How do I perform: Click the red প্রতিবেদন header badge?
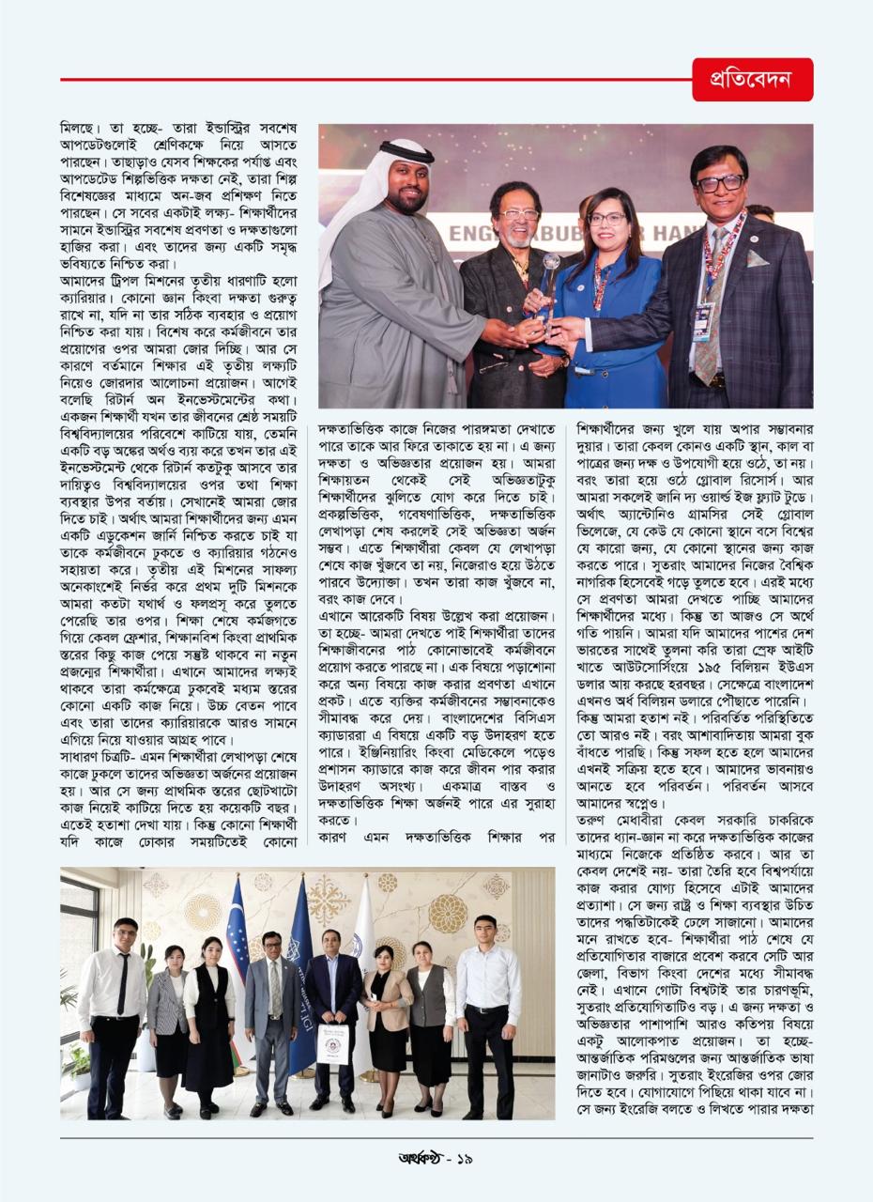tap(753, 80)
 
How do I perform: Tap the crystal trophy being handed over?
tap(551, 283)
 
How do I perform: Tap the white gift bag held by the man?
tap(332, 1041)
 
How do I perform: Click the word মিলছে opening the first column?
tap(82, 127)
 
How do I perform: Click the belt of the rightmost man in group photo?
tap(489, 1009)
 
